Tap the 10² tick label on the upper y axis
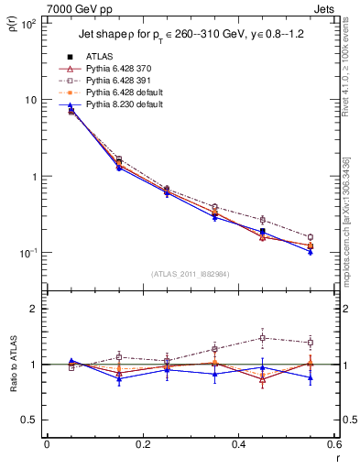pyautogui.click(x=29, y=24)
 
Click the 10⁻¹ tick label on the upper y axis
pyautogui.click(x=29, y=253)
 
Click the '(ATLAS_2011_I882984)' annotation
pyautogui.click(x=191, y=274)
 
